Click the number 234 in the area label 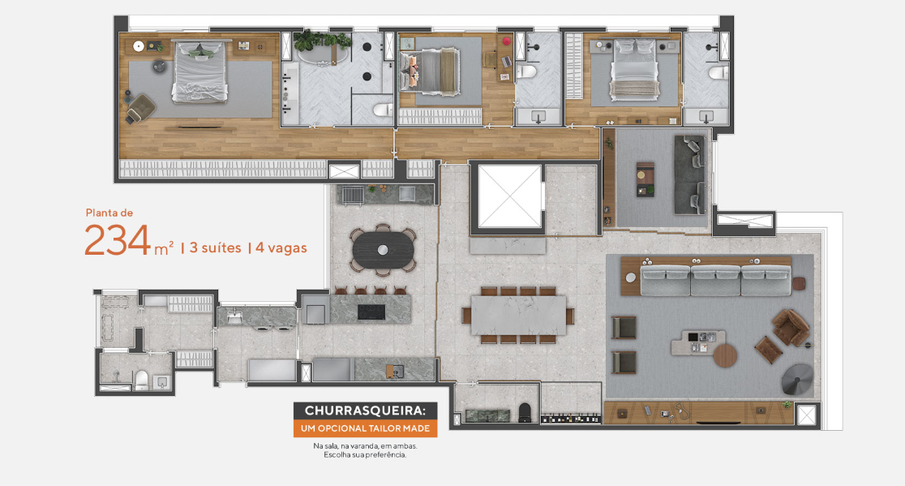tap(118, 241)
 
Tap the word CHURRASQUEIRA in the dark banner tap(365, 411)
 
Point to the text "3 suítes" tap(214, 248)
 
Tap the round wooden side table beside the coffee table tap(726, 355)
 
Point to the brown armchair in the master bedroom tap(141, 106)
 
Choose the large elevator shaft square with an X tap(510, 197)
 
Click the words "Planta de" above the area tap(109, 213)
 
